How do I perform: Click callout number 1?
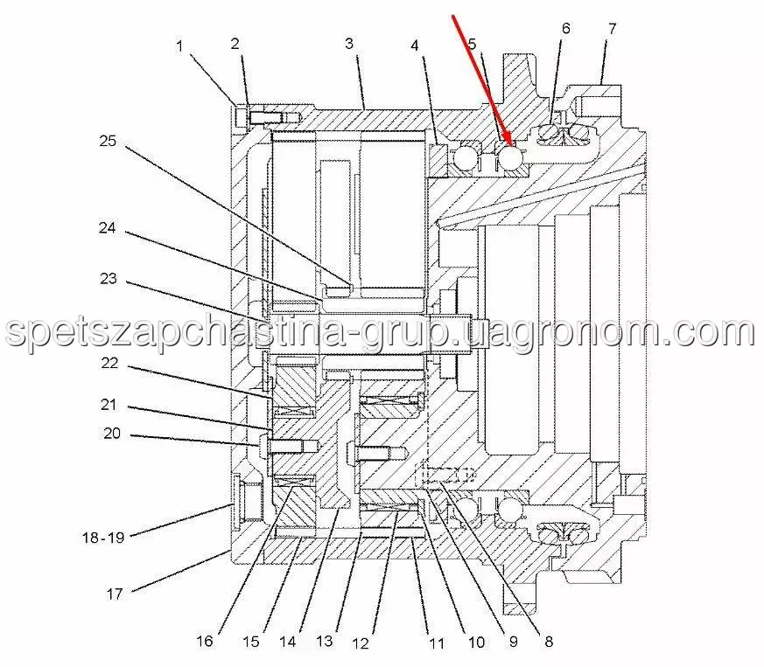179,46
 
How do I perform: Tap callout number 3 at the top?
349,44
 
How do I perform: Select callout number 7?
612,29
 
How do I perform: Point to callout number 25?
108,142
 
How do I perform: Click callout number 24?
107,228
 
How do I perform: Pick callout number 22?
109,363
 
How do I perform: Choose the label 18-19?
103,538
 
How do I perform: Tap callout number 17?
115,594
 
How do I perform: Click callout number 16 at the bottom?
205,641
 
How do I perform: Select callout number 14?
287,641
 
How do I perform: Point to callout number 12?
360,643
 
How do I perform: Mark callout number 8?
549,642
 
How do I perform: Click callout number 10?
476,643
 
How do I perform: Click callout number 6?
565,28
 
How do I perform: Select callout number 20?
112,434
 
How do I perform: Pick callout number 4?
414,45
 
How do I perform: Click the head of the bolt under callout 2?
242,117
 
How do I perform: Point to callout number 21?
109,405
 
